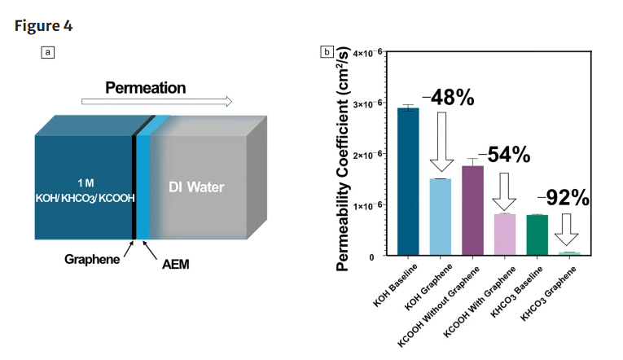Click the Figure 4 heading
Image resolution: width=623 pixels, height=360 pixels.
[x=44, y=25]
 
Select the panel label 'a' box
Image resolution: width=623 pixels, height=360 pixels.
[x=48, y=53]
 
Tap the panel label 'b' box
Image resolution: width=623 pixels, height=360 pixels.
[x=327, y=53]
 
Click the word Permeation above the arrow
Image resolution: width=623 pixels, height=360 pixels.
[x=145, y=88]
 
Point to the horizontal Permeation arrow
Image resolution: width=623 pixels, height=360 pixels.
[x=156, y=102]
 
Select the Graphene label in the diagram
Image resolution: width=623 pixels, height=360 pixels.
[x=92, y=259]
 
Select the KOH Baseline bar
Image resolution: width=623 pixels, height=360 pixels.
[x=408, y=182]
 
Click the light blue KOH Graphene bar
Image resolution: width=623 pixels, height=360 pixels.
[x=441, y=217]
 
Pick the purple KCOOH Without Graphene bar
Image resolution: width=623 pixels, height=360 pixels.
[x=472, y=210]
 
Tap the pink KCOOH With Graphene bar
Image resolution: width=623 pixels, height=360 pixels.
[x=505, y=235]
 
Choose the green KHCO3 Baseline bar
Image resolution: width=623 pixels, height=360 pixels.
[x=537, y=235]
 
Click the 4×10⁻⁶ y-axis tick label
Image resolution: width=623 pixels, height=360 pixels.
[x=368, y=53]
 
